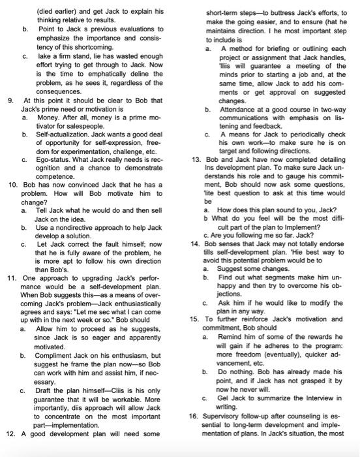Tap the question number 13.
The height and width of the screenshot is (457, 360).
tap(194, 159)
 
